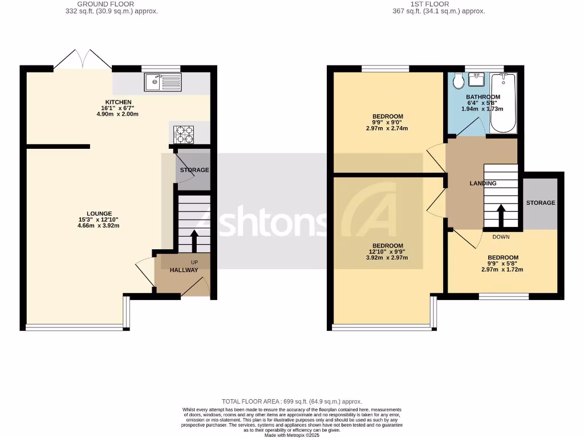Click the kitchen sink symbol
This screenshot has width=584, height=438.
[163, 83]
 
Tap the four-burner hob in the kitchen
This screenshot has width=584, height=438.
[184, 135]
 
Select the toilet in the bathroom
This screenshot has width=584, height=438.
[457, 82]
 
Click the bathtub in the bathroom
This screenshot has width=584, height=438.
[502, 103]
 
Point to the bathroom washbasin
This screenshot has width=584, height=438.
[477, 79]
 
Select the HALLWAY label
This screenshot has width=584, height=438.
[184, 270]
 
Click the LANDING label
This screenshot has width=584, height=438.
[482, 183]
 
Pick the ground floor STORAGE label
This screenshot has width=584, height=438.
[194, 170]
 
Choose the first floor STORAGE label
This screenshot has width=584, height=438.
[540, 202]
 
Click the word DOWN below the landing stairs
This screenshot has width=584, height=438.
[500, 237]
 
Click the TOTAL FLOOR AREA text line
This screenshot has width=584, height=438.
[291, 401]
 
